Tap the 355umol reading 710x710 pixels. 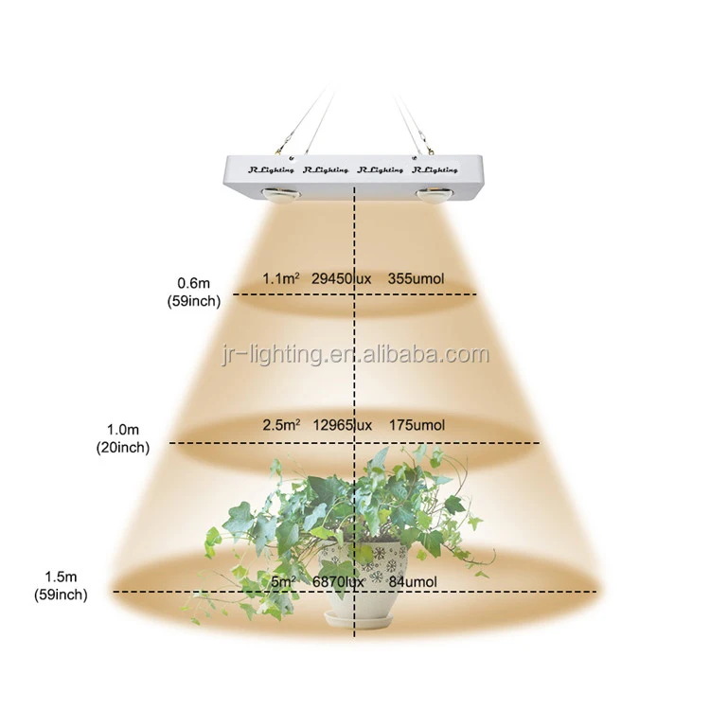417,278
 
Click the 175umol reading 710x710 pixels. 417,424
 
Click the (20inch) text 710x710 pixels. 122,448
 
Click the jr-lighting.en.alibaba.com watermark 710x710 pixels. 355,356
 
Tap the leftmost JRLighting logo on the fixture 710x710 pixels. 271,170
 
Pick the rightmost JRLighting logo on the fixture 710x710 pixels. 435,170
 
